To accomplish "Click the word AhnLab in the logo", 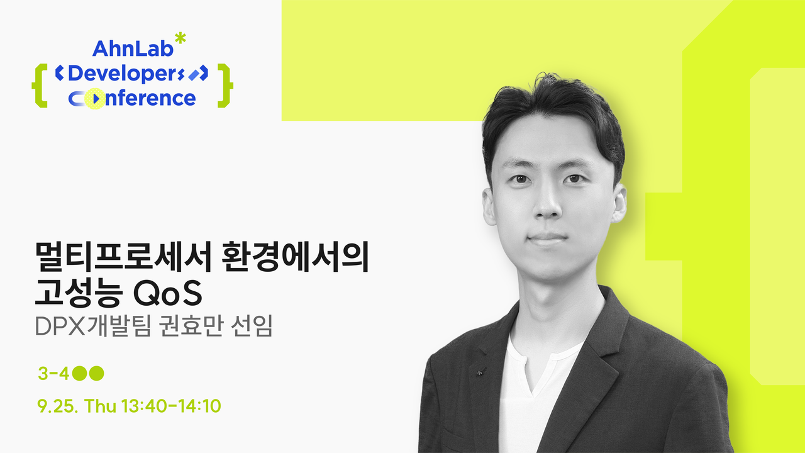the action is pyautogui.click(x=133, y=48).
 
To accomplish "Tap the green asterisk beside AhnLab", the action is pyautogui.click(x=180, y=39).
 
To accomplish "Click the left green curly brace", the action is pyautogui.click(x=40, y=86).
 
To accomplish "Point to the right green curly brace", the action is pyautogui.click(x=225, y=86).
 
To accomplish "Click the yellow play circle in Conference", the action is pyautogui.click(x=95, y=99).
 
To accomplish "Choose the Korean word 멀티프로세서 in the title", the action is pyautogui.click(x=123, y=257).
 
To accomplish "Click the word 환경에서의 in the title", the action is pyautogui.click(x=296, y=257).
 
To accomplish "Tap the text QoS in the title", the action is pyautogui.click(x=167, y=293).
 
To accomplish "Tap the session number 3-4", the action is pyautogui.click(x=53, y=374).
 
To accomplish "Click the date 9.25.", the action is pyautogui.click(x=58, y=406).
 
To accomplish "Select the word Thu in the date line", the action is pyautogui.click(x=100, y=406).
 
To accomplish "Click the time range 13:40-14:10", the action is pyautogui.click(x=171, y=406).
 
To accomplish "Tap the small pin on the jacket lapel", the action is pyautogui.click(x=480, y=371).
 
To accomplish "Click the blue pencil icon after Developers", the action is pyautogui.click(x=193, y=75).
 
